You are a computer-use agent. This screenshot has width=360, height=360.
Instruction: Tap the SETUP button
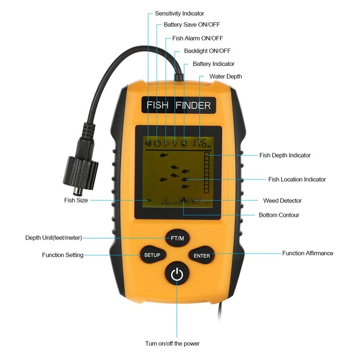click(152, 255)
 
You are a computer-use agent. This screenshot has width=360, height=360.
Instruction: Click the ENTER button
click(202, 256)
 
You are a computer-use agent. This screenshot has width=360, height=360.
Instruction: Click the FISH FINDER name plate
click(179, 106)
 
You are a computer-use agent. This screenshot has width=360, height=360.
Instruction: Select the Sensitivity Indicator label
click(179, 13)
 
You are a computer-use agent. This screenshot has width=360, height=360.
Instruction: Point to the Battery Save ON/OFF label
click(192, 25)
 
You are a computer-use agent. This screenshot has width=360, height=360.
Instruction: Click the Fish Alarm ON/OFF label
click(197, 38)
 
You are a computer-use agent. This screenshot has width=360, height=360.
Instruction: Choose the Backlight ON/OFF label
click(207, 51)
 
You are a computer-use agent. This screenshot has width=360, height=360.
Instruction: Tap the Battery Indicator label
click(213, 64)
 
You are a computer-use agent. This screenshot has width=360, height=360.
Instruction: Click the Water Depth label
click(225, 76)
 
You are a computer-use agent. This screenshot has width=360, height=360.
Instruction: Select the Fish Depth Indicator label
click(285, 155)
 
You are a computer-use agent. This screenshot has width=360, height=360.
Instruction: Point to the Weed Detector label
click(282, 201)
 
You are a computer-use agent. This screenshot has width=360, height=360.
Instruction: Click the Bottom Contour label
click(279, 215)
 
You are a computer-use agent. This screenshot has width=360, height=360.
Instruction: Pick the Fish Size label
click(76, 200)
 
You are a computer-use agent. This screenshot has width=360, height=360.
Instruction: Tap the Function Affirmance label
click(308, 253)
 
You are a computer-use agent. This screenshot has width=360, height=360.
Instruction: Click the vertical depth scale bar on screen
click(207, 173)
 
